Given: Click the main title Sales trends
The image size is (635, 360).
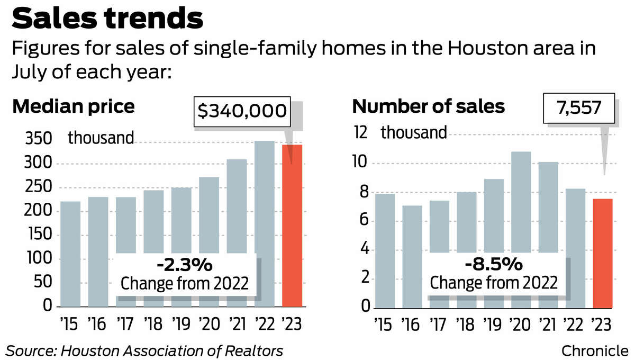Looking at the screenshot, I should tap(107, 19).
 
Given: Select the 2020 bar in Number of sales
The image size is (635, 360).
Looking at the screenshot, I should tap(521, 201).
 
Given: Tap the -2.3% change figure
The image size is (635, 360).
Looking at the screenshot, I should tap(185, 264).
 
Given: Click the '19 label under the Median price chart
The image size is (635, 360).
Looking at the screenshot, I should tap(181, 322).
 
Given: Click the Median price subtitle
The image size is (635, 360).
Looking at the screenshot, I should tap(74, 107).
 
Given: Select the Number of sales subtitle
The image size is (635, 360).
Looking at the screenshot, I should tap(429, 107).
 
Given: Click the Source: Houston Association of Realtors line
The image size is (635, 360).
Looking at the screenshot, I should tap(144, 350).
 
